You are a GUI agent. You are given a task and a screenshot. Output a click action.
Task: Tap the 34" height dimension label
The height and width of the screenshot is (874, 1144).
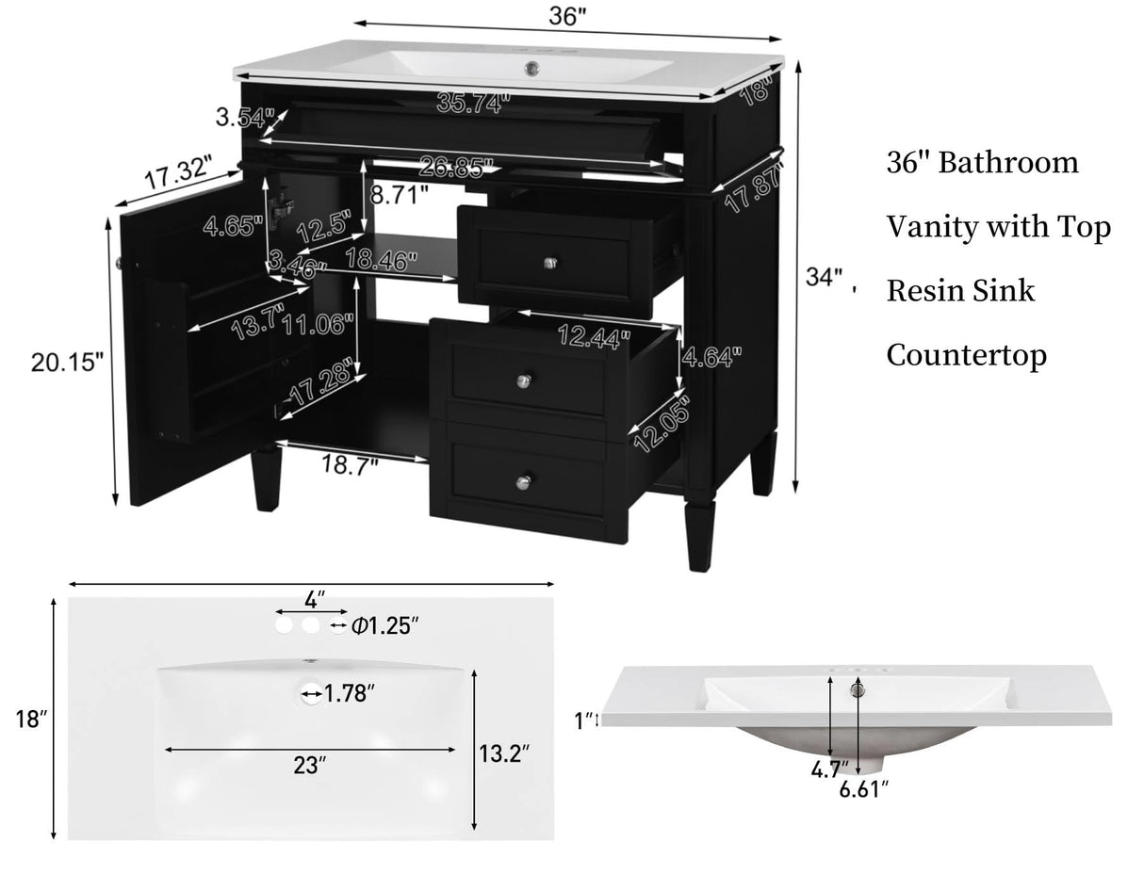[x=824, y=277]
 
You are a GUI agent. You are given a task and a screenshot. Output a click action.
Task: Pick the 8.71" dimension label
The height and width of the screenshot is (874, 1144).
[x=400, y=197]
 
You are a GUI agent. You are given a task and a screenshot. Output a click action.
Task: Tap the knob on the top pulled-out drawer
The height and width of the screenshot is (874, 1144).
[x=549, y=262]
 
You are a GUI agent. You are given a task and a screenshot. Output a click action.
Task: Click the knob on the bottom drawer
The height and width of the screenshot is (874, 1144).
[x=524, y=481]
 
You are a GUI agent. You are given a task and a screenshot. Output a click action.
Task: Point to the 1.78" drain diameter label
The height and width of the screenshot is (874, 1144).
[x=351, y=695]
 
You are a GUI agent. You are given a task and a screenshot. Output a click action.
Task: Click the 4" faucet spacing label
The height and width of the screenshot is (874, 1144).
[x=315, y=598]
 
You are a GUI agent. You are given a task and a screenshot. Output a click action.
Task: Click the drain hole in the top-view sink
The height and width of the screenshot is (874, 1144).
[x=312, y=695]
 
